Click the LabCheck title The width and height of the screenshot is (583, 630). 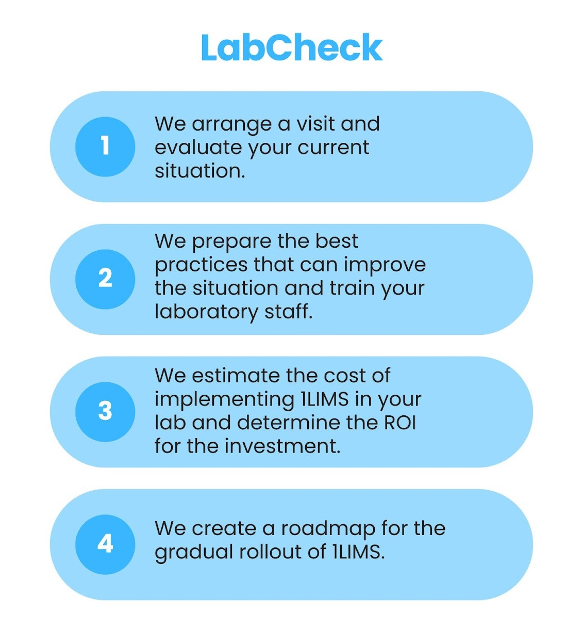291,47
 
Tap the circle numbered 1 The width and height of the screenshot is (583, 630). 105,147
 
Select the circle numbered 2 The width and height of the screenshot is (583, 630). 105,279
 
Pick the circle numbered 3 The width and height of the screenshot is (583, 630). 105,411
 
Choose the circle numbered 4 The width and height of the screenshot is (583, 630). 105,544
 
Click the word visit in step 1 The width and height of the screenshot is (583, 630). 314,124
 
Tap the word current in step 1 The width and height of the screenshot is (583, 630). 334,148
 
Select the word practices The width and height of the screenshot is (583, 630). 201,265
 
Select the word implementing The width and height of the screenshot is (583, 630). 224,400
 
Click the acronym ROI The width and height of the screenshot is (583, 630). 400,423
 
